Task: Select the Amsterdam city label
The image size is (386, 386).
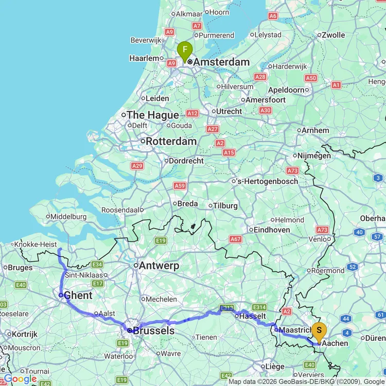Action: click(221, 62)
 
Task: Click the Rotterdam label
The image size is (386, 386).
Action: click(171, 141)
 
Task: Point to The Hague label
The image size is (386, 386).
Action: click(153, 115)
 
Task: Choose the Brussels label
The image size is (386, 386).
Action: click(153, 330)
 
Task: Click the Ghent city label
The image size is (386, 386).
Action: click(78, 295)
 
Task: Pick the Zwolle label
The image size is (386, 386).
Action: click(333, 35)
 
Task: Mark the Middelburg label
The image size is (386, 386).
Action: click(69, 217)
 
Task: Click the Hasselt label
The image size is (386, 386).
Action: click(253, 315)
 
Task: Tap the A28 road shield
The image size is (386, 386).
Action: click(260, 77)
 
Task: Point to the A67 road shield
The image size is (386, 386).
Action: click(236, 239)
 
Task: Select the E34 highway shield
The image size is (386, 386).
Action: click(98, 264)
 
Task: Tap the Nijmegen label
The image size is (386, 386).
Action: click(313, 155)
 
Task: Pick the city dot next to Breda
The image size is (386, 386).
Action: click(173, 204)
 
